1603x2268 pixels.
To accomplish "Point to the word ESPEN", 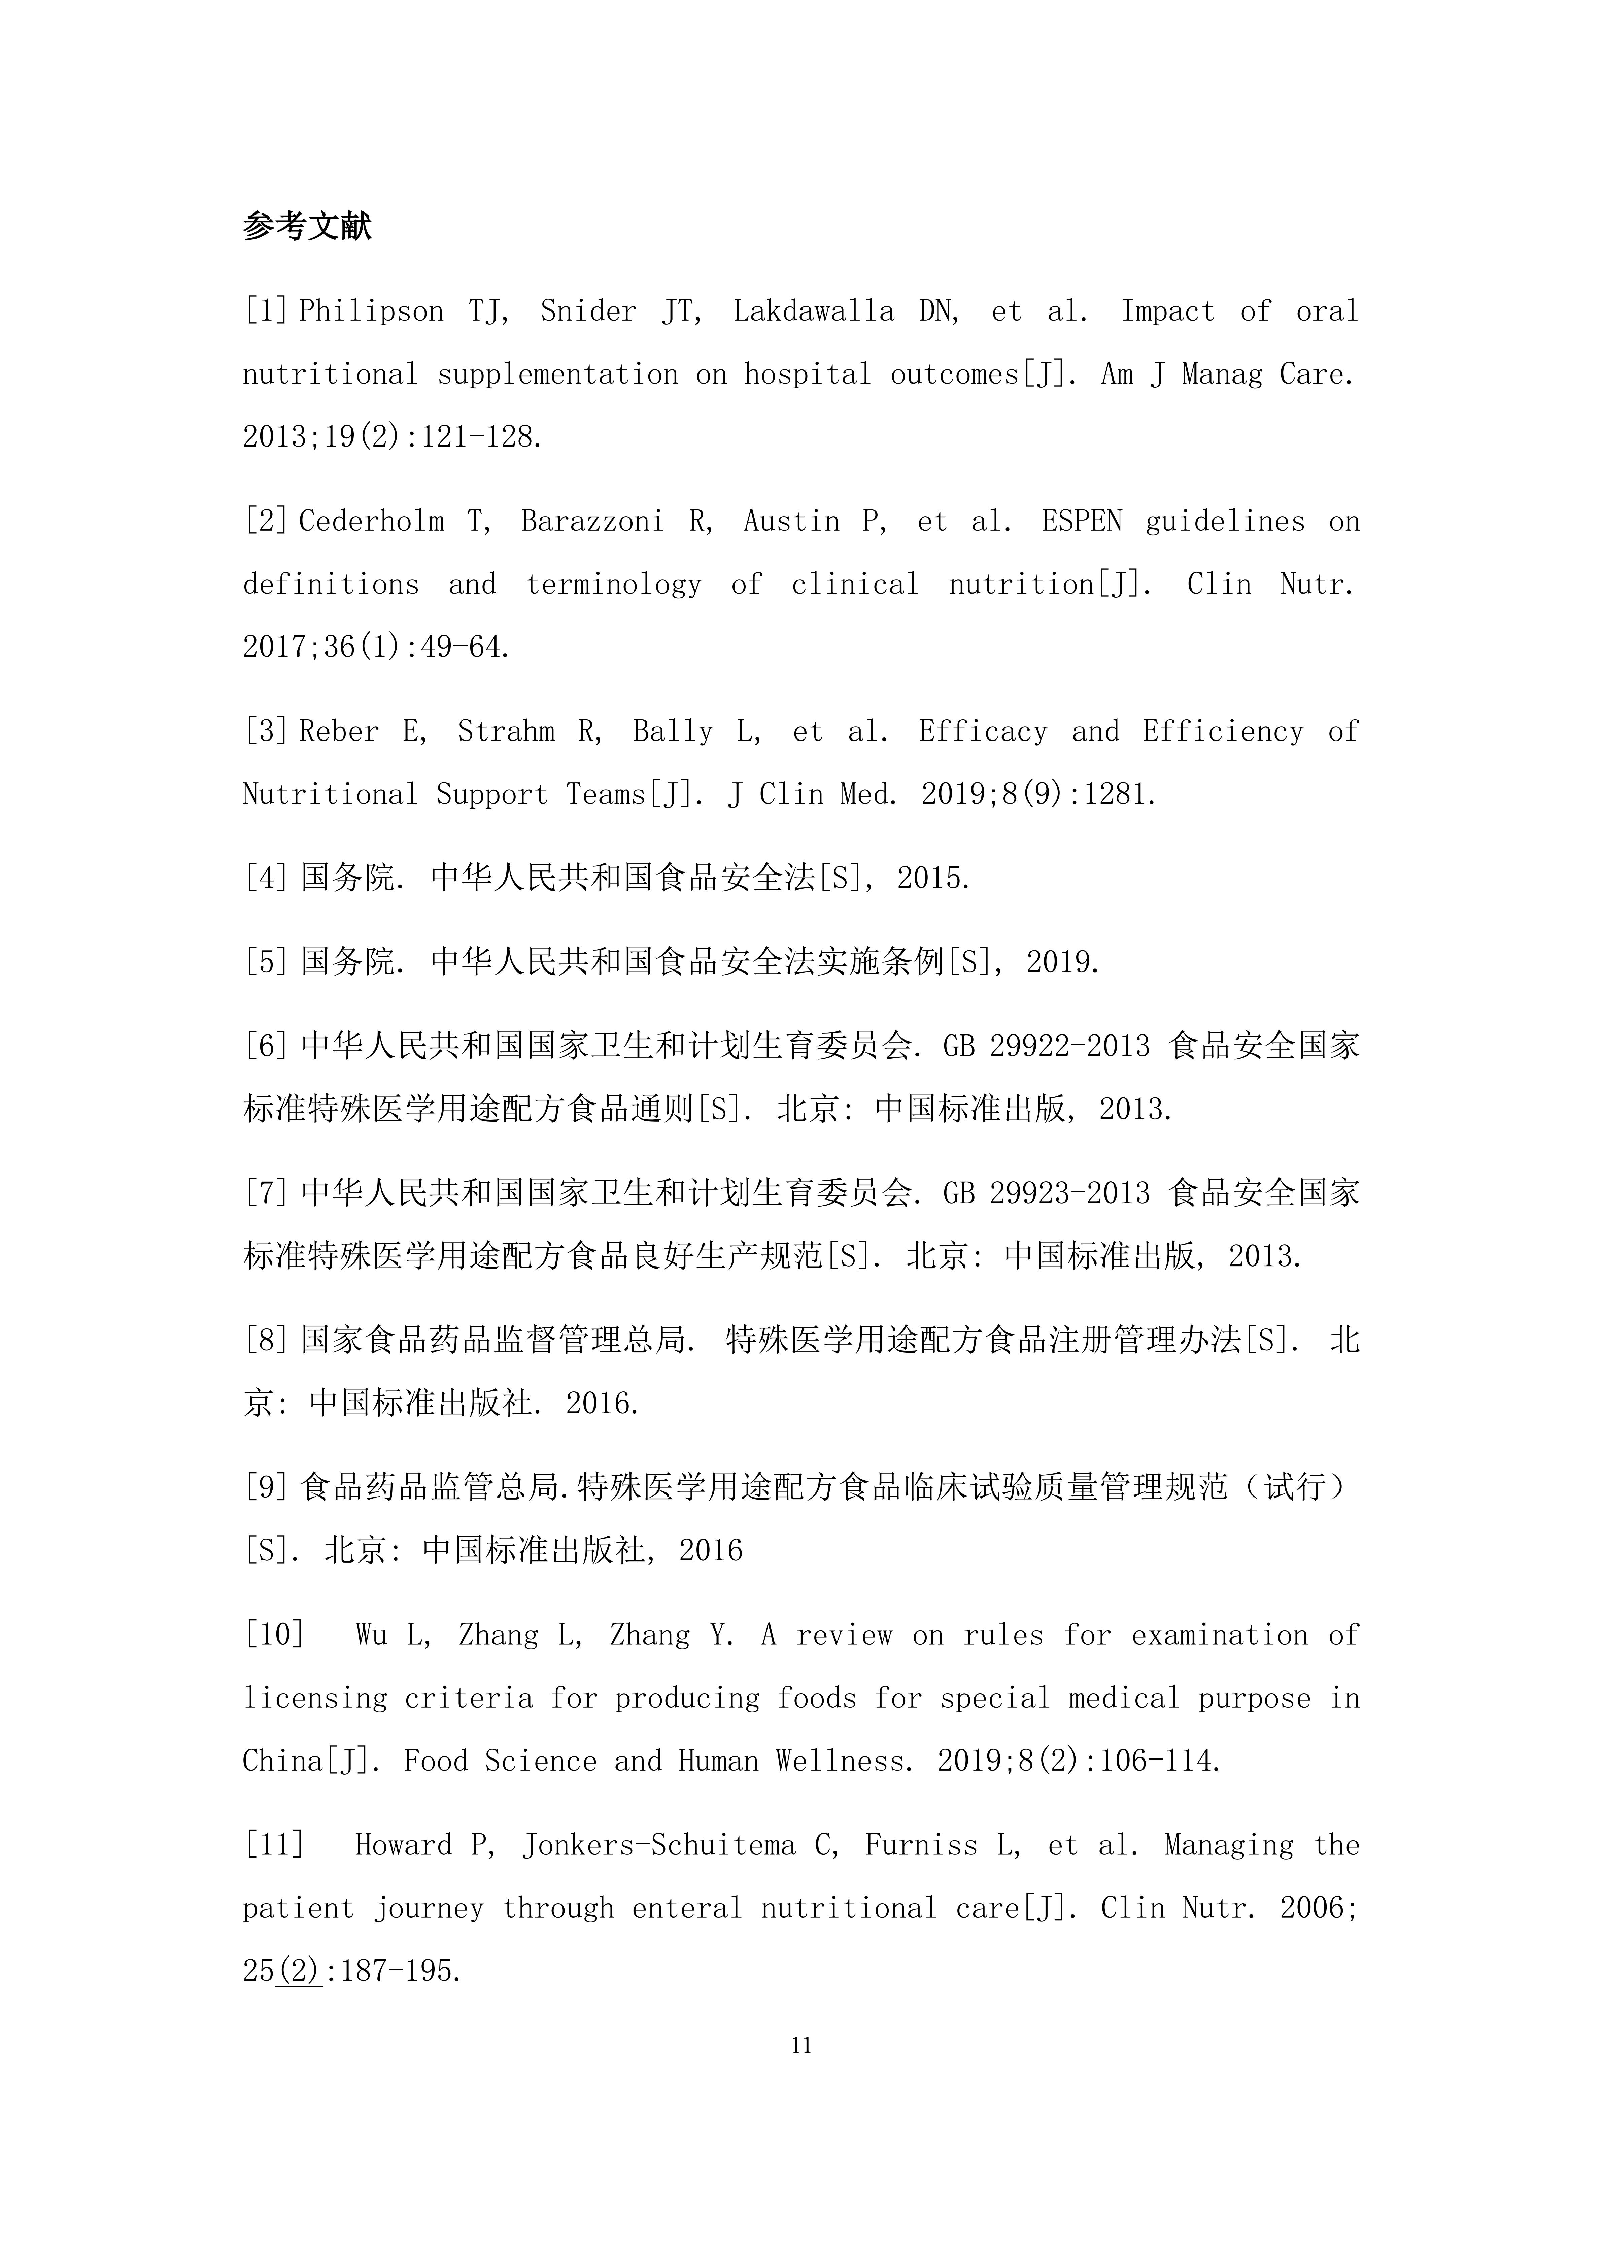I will point(1082,522).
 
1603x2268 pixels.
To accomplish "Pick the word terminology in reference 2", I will point(612,585).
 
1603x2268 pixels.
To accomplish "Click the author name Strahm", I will point(506,732).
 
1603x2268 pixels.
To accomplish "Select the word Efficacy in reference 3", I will point(983,732).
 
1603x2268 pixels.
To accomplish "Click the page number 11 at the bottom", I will point(801,2046).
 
